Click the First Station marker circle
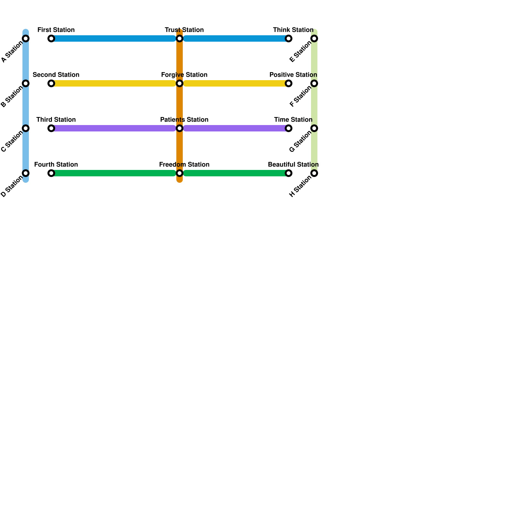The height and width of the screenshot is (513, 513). (51, 39)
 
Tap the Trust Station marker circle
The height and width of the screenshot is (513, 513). (180, 39)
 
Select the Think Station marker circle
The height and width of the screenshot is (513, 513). (289, 39)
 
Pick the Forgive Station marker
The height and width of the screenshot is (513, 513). (180, 84)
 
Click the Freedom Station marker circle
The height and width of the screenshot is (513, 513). (180, 173)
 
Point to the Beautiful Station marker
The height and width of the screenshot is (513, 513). (289, 173)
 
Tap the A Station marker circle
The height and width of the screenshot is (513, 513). (26, 39)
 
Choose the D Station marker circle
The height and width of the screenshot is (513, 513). (26, 173)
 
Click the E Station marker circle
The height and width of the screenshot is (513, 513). (315, 39)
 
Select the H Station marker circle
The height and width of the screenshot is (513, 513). (315, 173)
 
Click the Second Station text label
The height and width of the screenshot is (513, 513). (56, 75)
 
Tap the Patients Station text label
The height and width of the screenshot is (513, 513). (184, 120)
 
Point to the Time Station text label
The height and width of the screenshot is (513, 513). (293, 120)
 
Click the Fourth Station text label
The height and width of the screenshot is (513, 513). (56, 165)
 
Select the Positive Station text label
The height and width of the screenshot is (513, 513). (293, 75)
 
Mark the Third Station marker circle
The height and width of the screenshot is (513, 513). (51, 129)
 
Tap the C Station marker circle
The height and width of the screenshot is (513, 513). (26, 129)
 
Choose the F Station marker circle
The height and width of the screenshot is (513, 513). (315, 84)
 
